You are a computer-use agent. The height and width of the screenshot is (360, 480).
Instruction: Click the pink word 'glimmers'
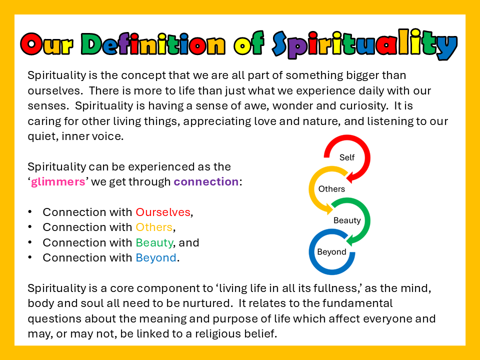58,182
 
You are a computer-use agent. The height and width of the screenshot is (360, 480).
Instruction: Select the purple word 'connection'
206,181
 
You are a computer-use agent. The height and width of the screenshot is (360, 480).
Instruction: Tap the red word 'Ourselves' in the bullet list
163,212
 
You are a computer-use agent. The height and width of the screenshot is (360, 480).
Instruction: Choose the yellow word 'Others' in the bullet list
154,227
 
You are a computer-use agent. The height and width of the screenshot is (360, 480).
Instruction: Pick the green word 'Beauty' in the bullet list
154,243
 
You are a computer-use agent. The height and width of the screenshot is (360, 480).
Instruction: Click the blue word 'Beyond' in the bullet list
156,258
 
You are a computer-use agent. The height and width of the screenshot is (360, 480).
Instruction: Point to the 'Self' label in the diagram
347,157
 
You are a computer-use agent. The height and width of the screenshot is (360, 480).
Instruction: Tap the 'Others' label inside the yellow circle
331,189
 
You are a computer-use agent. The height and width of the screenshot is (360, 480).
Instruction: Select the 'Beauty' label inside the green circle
347,220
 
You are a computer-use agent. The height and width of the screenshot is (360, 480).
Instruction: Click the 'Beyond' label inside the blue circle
332,252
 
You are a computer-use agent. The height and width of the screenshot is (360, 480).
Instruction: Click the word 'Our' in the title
47,44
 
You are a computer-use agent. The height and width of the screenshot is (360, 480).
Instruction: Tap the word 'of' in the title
249,43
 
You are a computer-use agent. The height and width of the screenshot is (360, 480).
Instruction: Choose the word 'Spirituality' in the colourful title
364,44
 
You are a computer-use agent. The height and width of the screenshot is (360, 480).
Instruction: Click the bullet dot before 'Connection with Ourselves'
29,212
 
